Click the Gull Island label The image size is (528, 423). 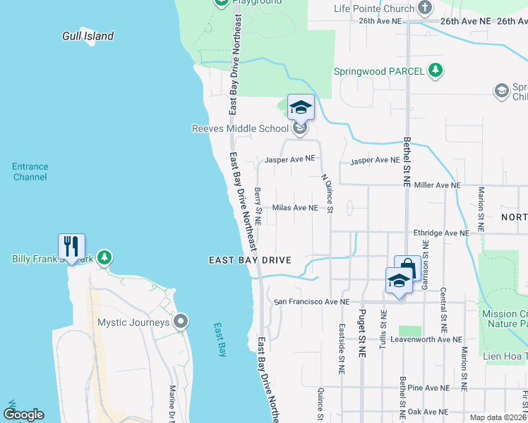tap(88, 36)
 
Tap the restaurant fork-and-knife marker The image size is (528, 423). tap(71, 246)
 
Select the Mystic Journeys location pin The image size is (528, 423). tap(181, 322)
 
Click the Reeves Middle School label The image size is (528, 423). tap(241, 128)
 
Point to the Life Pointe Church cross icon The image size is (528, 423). tap(425, 8)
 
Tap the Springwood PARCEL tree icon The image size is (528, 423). tap(437, 70)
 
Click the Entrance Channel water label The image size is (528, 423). tap(30, 172)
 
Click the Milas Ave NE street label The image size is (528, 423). tap(295, 208)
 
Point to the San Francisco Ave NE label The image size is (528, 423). tap(312, 302)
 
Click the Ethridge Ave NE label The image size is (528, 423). tap(441, 233)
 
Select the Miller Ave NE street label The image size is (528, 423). tap(438, 185)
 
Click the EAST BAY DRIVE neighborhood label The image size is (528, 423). tap(250, 260)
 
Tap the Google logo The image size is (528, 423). tap(23, 415)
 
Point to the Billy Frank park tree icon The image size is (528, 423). tap(105, 258)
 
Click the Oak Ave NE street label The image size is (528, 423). tap(433, 411)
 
